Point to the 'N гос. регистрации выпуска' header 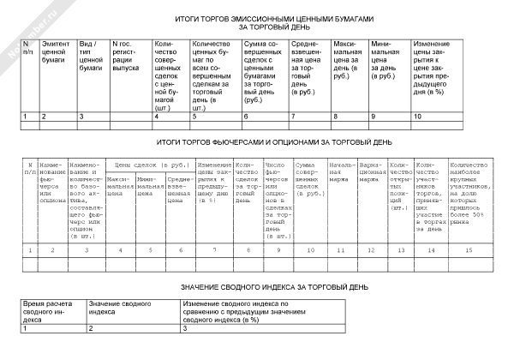click(128, 58)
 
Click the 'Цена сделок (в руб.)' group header click(151, 164)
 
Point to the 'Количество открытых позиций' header click(400, 183)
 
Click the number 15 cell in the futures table click(468, 249)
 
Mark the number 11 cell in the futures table click(341, 249)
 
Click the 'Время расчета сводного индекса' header click(52, 312)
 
